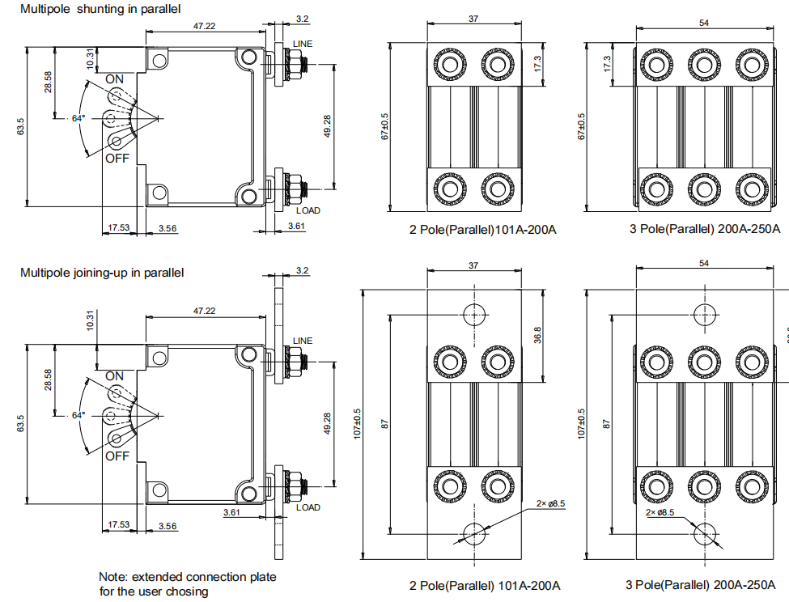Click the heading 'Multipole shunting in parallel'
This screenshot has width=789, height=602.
(x=100, y=8)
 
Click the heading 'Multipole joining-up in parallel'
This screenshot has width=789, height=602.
(x=102, y=273)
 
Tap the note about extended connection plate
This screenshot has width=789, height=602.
(x=187, y=584)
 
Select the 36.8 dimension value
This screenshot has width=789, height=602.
(x=538, y=334)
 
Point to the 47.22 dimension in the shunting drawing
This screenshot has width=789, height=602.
(x=204, y=27)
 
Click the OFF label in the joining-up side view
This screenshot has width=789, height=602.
(x=117, y=456)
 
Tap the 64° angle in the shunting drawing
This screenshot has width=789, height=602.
(x=78, y=118)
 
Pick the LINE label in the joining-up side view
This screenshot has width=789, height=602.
(x=302, y=341)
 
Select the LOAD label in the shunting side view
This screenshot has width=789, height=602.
(x=308, y=210)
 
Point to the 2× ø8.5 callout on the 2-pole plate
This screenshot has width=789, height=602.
(x=550, y=503)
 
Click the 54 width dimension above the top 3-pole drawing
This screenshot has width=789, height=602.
(x=703, y=23)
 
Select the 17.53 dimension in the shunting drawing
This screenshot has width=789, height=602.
(x=118, y=228)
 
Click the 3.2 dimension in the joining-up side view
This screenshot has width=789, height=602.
(x=303, y=270)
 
